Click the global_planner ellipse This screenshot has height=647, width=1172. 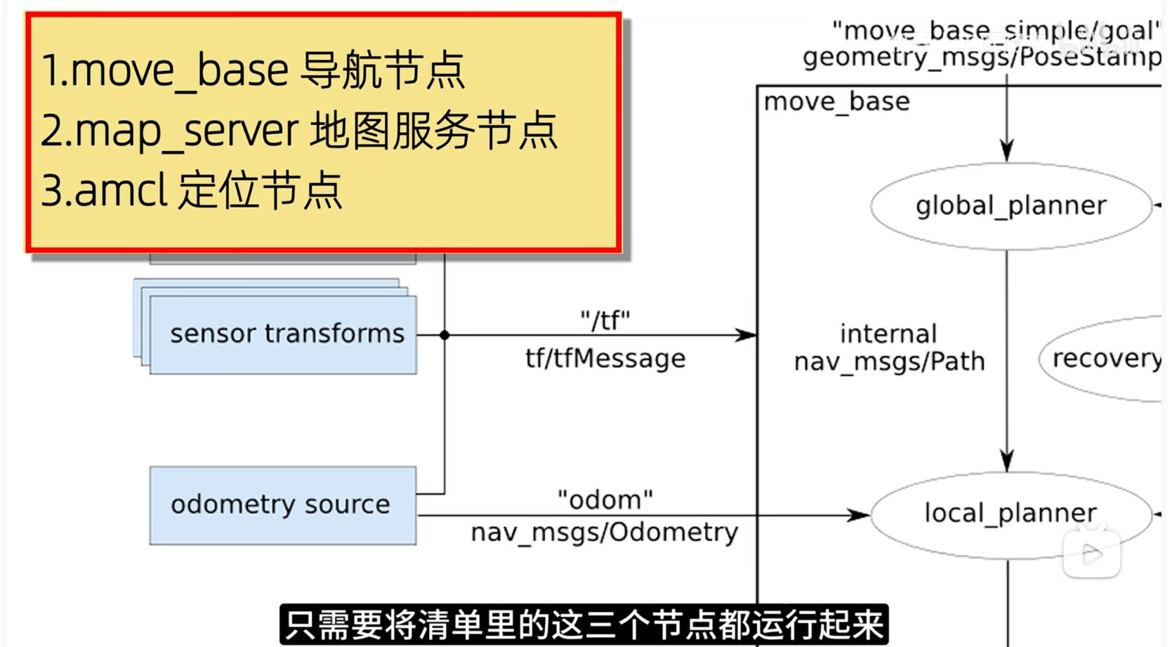[1010, 206]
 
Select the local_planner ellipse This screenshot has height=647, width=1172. [1010, 514]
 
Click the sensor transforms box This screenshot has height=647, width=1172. [284, 334]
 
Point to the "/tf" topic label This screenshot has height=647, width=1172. [605, 321]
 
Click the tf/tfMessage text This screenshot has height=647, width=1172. [605, 358]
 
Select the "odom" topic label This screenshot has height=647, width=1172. [605, 499]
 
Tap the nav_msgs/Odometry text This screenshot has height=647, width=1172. [605, 532]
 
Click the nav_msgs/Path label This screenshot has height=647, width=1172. [889, 362]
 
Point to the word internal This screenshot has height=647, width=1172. [888, 334]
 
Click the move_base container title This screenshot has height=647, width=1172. [836, 103]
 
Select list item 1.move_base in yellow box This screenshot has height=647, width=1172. [253, 70]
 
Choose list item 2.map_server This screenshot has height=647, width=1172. [298, 131]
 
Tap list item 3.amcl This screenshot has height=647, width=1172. [191, 190]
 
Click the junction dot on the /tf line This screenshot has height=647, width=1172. [445, 335]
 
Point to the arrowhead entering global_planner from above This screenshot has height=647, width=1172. [1007, 150]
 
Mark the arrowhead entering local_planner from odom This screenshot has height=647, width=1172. [860, 515]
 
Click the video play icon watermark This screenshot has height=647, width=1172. [1091, 555]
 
